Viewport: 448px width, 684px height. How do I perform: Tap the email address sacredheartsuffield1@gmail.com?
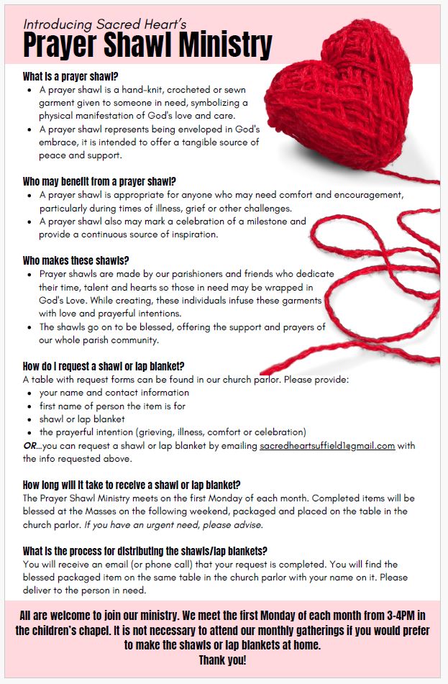pos(327,446)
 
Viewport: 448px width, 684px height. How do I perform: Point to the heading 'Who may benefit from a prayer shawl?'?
pos(99,181)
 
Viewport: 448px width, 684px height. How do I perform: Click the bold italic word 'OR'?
pos(30,446)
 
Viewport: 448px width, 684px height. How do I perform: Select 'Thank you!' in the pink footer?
pos(222,660)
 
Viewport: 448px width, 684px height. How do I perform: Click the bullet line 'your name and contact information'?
pos(114,393)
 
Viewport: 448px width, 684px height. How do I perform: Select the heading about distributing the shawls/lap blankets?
pos(145,551)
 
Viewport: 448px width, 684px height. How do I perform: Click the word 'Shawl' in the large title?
pos(144,47)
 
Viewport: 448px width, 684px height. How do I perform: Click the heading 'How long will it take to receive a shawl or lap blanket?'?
pos(132,485)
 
